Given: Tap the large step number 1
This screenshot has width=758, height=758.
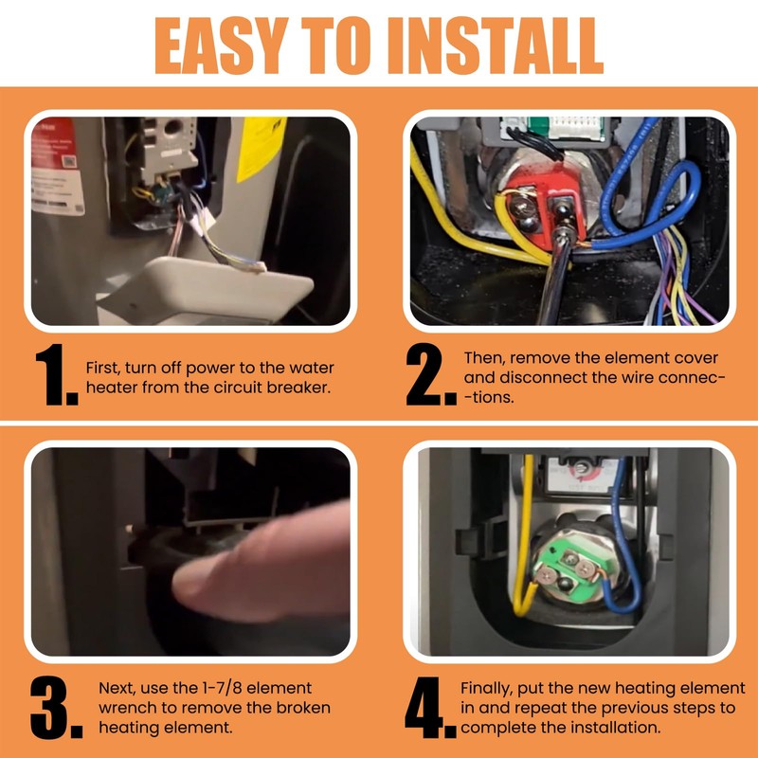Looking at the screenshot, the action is point(56,374).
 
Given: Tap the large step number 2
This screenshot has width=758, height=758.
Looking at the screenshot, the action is point(430,374).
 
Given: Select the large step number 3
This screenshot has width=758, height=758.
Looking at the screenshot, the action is point(56,707).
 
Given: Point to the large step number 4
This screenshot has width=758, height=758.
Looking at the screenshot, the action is point(430,707).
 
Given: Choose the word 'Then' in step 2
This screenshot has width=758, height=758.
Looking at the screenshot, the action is point(484,358).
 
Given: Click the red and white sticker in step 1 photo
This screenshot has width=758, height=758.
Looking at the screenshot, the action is point(56,166).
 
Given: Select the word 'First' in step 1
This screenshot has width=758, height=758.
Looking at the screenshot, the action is point(103,368).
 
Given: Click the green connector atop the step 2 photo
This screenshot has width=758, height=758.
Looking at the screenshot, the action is point(537,126).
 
